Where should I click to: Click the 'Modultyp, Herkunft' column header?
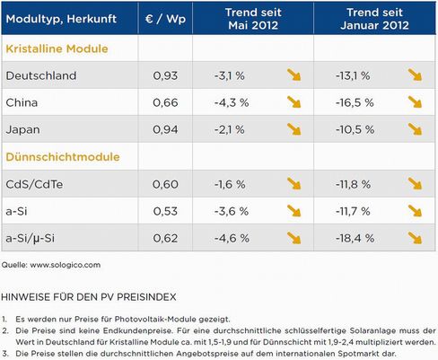[61, 19]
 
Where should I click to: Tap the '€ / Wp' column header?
[165, 19]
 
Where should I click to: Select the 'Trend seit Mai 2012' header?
[253, 19]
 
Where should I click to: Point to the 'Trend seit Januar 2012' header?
[374, 19]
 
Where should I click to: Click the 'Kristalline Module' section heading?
[57, 48]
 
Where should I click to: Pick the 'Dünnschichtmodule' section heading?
[63, 157]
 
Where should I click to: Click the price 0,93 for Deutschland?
[165, 75]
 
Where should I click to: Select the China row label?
[22, 102]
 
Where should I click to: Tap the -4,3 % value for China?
[232, 102]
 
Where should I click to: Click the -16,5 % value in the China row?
[355, 102]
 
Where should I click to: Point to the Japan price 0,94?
[165, 129]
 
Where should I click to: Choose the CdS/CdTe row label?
[34, 184]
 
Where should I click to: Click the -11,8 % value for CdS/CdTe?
[353, 184]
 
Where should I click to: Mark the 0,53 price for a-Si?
[165, 211]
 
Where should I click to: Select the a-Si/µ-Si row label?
[30, 238]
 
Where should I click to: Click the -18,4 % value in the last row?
[355, 238]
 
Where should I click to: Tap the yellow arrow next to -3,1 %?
[294, 75]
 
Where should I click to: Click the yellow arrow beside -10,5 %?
[415, 129]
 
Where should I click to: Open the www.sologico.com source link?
[66, 265]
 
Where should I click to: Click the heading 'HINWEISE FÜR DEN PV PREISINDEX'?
[89, 297]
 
